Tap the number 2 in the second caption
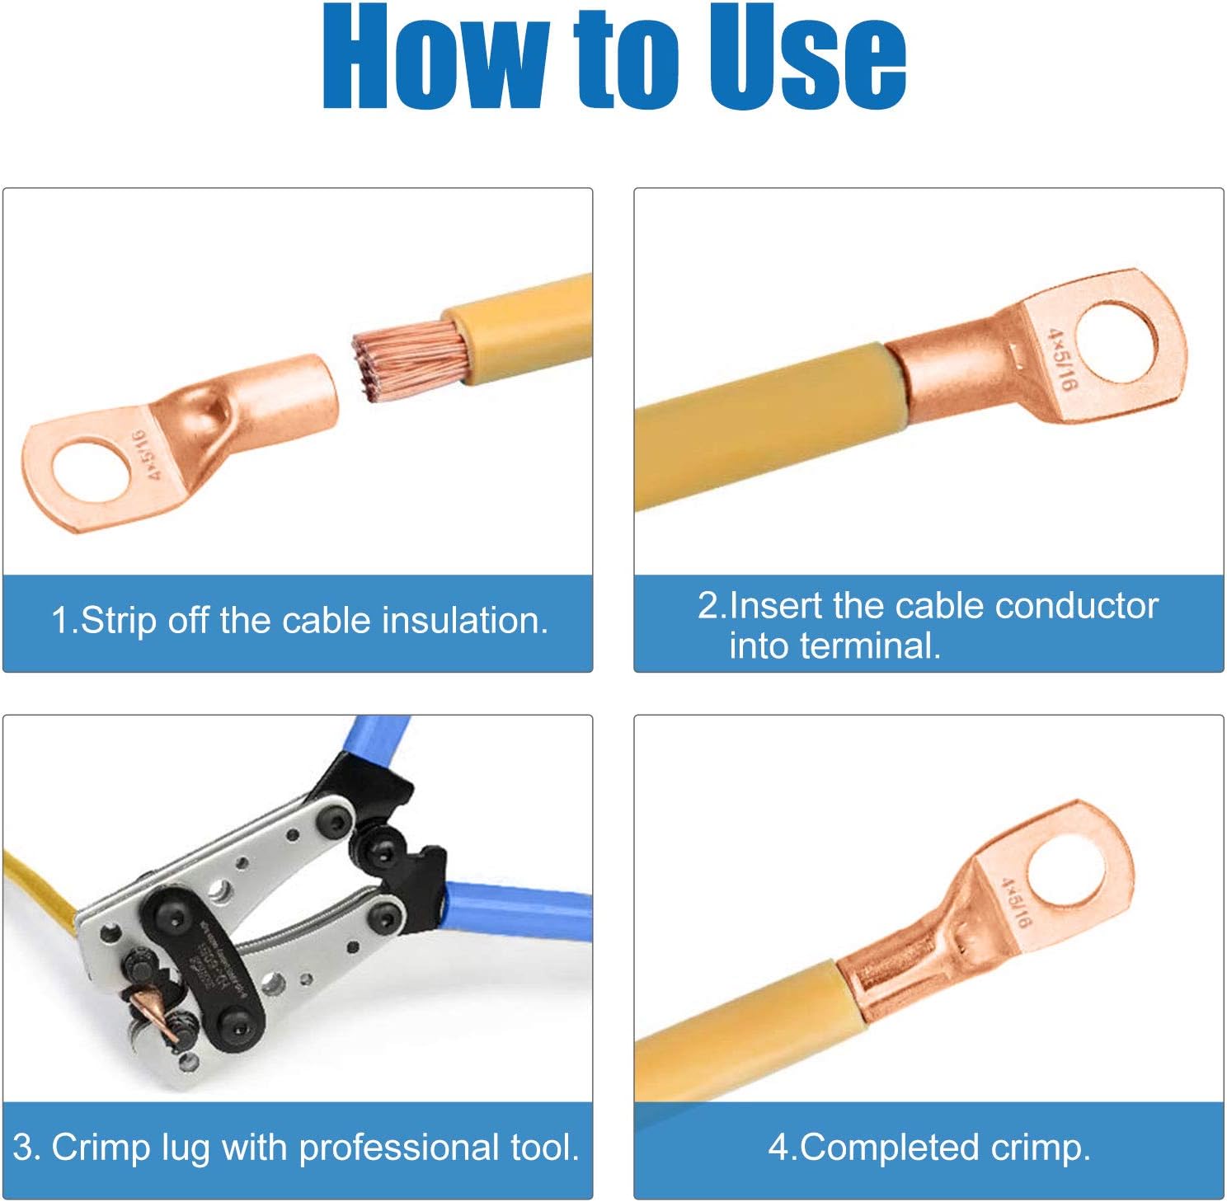(x=708, y=606)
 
